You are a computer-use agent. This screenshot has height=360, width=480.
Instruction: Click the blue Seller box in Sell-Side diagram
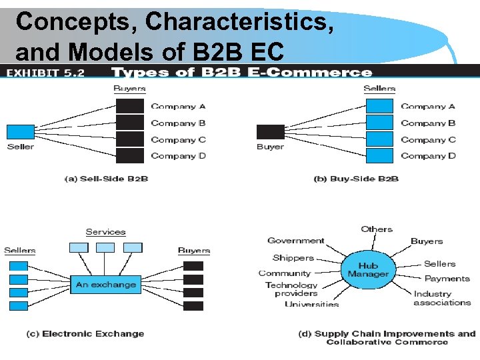(x=20, y=131)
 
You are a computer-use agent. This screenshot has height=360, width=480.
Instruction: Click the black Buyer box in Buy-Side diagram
(x=270, y=131)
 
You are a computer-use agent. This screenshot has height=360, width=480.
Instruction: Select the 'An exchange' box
(x=105, y=285)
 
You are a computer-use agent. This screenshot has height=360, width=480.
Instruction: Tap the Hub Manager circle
(x=368, y=269)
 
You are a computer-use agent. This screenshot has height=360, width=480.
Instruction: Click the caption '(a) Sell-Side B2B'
(x=106, y=179)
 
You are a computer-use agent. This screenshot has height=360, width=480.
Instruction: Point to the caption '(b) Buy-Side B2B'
(x=356, y=179)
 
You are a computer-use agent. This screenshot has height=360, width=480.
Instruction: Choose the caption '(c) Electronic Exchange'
(x=85, y=334)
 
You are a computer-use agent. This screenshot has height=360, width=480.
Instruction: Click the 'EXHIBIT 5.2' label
(x=46, y=73)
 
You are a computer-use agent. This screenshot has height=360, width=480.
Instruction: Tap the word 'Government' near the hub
(x=296, y=241)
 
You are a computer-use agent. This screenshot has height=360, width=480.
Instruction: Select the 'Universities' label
(x=311, y=305)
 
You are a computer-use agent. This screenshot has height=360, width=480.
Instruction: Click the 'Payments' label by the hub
(x=447, y=279)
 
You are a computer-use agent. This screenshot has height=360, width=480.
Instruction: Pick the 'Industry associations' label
(x=442, y=298)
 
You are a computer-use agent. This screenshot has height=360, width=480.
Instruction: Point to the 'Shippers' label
(x=293, y=258)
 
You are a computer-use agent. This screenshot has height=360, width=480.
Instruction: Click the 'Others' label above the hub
(x=377, y=229)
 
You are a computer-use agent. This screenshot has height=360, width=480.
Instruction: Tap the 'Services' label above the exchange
(x=105, y=232)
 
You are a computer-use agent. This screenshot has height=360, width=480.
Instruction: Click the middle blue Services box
(x=105, y=247)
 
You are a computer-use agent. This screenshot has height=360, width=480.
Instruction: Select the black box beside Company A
(x=130, y=106)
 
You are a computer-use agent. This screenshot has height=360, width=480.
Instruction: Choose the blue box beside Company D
(x=380, y=156)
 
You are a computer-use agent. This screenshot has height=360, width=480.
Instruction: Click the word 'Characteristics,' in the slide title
(x=240, y=21)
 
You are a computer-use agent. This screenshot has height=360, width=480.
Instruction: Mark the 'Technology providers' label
(x=291, y=289)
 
